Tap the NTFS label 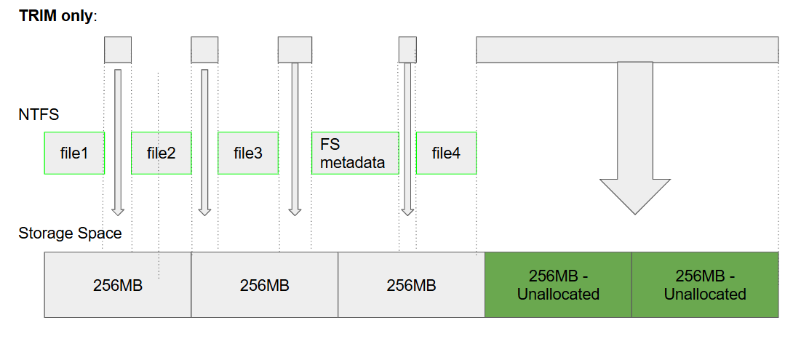click(x=39, y=114)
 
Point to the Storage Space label click(x=70, y=233)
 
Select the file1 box click(x=74, y=153)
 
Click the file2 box click(x=161, y=153)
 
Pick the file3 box click(x=248, y=153)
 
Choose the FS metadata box click(x=355, y=153)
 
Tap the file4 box click(x=446, y=153)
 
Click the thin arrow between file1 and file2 click(x=118, y=138)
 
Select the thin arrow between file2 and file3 click(x=204, y=138)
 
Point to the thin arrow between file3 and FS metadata click(x=295, y=138)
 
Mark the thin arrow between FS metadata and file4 click(x=407, y=138)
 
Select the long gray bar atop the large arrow click(x=627, y=49)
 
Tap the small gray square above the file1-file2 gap click(x=118, y=49)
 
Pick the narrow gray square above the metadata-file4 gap click(x=407, y=49)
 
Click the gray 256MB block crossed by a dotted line click(x=118, y=285)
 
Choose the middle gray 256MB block click(x=265, y=285)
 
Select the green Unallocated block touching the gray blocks click(x=558, y=285)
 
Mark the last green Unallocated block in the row click(x=705, y=285)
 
